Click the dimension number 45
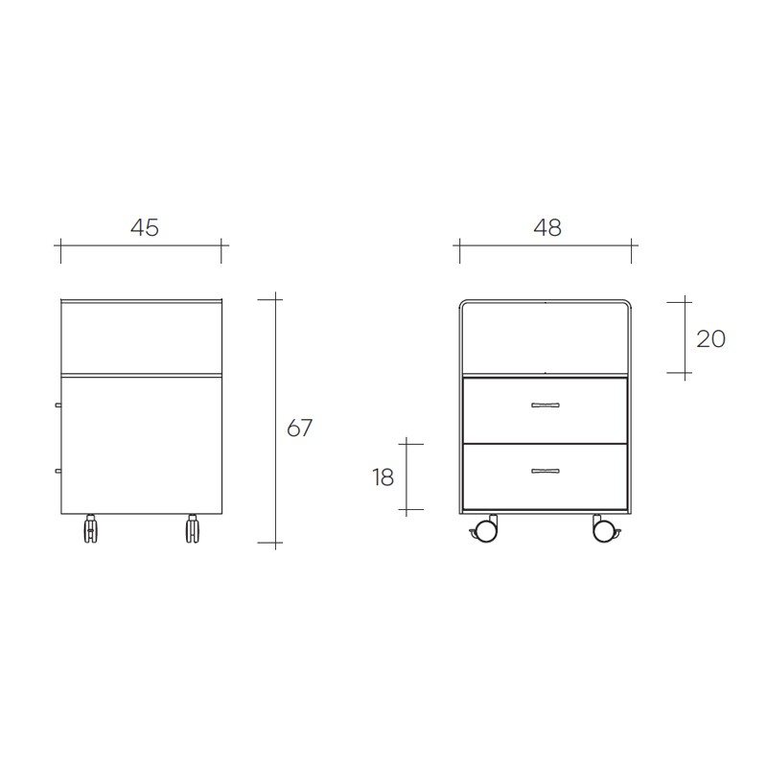(x=145, y=227)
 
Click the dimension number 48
(x=547, y=227)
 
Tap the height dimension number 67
(x=299, y=428)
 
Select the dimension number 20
(x=710, y=339)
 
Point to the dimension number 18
(x=383, y=477)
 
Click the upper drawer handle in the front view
(x=546, y=405)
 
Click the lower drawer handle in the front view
(x=546, y=471)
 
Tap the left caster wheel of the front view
(x=485, y=529)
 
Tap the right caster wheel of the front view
(x=606, y=529)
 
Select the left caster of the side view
(x=90, y=529)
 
